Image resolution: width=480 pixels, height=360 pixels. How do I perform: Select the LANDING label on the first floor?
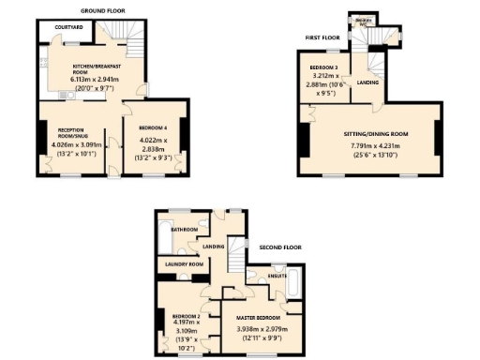(x=368, y=82)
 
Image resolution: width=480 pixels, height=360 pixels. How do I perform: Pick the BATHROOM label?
(x=184, y=230)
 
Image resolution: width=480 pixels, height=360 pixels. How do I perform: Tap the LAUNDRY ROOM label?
(x=184, y=264)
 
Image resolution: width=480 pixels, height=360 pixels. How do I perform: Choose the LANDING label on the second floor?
(x=215, y=247)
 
